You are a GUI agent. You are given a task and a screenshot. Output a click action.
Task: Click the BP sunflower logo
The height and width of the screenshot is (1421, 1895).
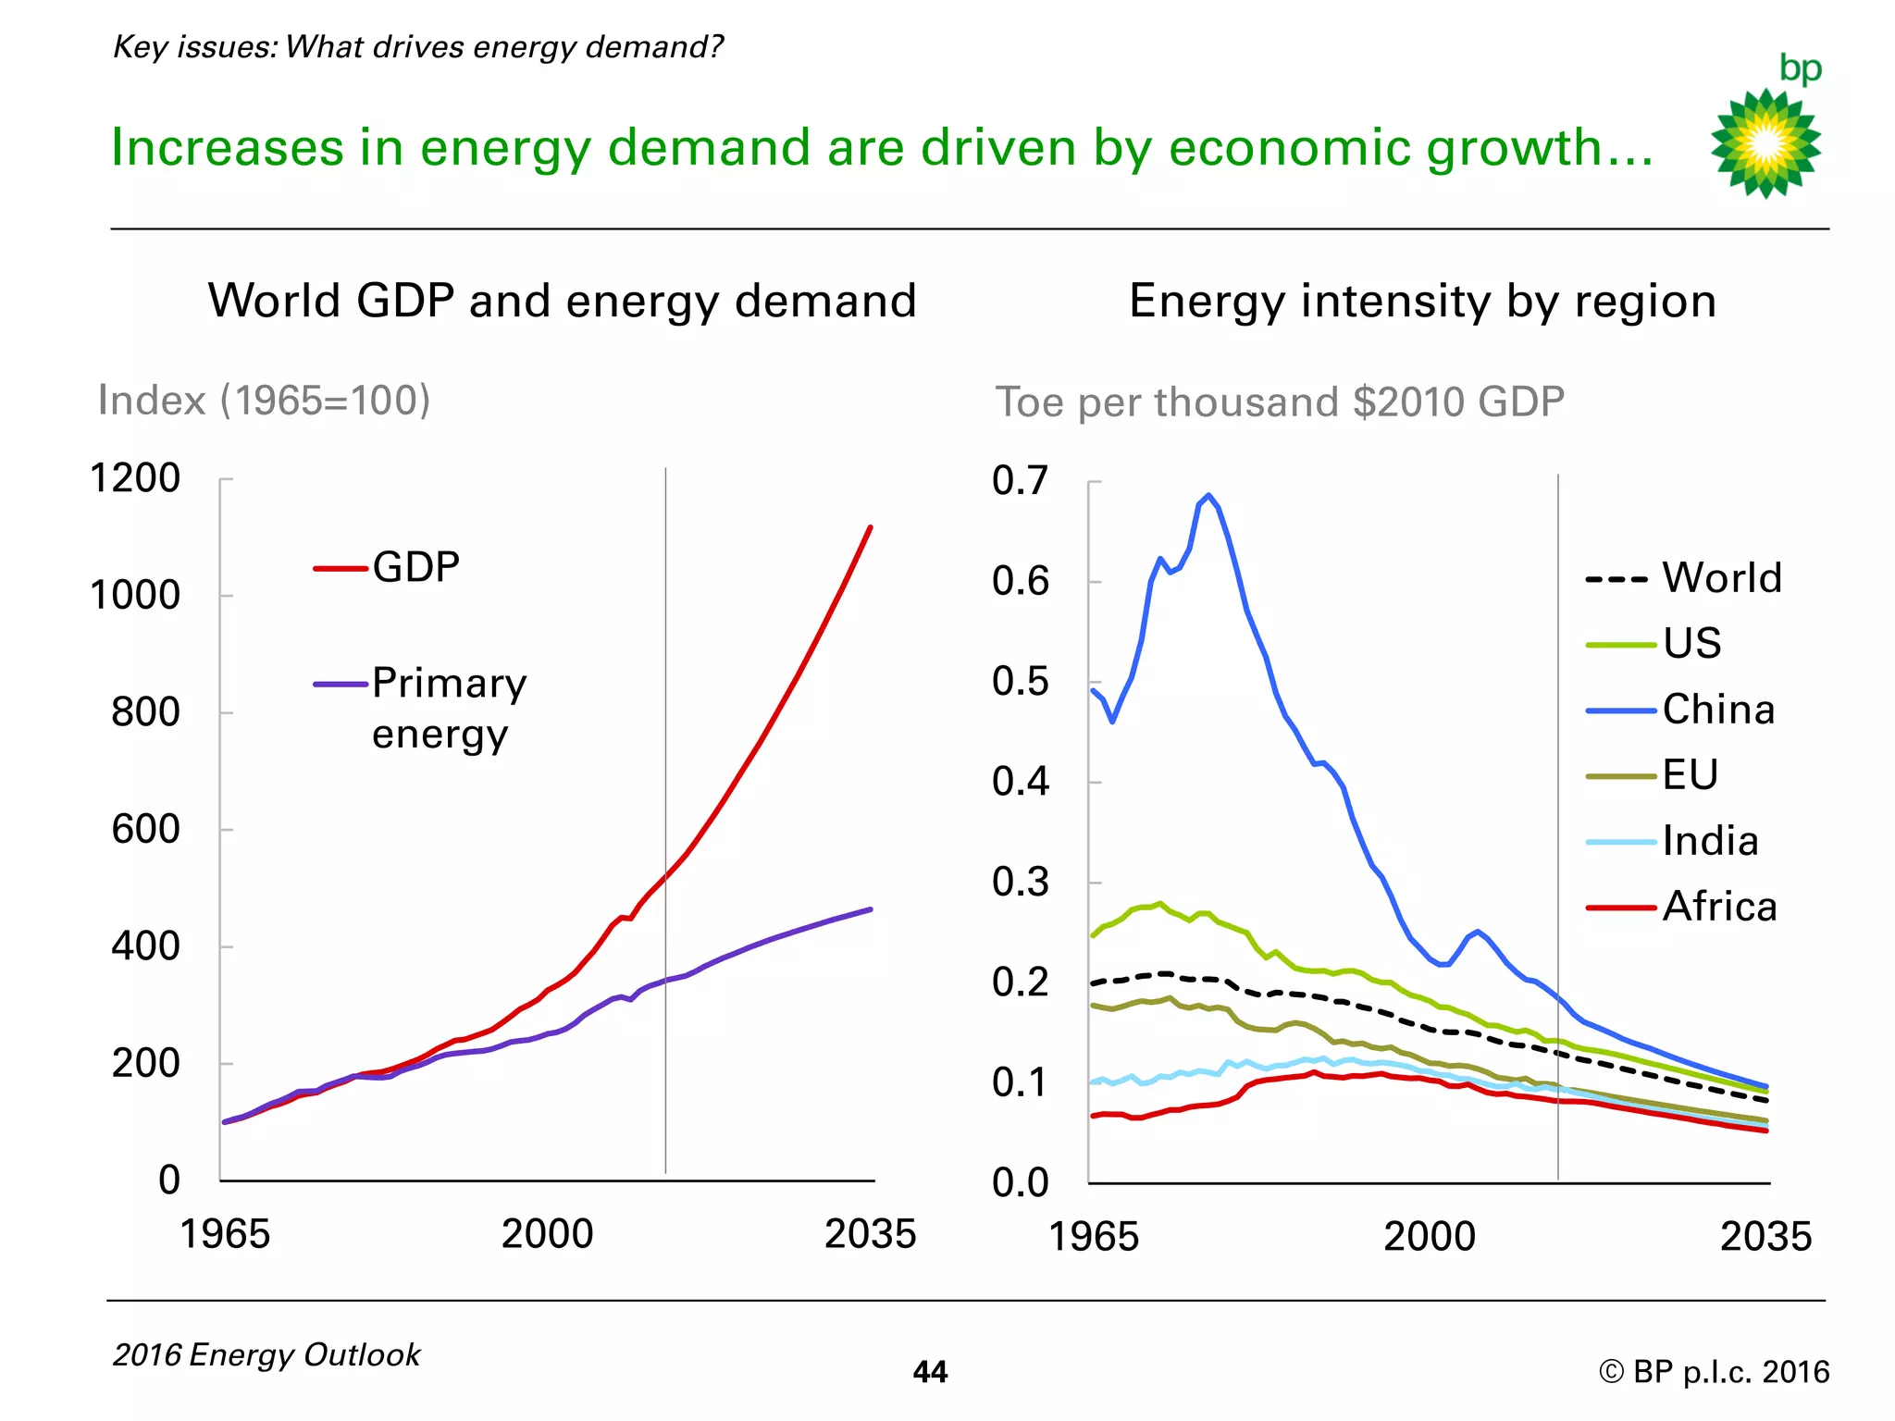(1765, 142)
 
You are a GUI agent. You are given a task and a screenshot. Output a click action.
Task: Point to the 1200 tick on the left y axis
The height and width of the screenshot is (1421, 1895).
(135, 479)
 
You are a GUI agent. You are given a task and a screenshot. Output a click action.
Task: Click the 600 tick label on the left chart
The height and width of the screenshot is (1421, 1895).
(145, 830)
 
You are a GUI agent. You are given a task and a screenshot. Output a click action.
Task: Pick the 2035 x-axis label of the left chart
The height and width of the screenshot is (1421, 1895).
(870, 1234)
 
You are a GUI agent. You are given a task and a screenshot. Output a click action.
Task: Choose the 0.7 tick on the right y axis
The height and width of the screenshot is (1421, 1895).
(1021, 481)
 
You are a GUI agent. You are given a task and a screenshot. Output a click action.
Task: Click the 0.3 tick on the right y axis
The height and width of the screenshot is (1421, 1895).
(1021, 883)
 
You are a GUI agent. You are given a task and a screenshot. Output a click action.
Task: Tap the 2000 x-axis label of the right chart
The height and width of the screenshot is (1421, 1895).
(1429, 1237)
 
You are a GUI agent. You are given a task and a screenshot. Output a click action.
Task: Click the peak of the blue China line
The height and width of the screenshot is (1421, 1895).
(1208, 495)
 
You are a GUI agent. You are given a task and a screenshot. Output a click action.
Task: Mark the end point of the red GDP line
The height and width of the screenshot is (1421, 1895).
(871, 527)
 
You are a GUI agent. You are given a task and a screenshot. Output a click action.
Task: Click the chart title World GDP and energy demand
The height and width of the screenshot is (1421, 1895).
(563, 302)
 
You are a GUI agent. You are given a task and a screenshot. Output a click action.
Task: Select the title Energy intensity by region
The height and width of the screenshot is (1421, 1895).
(1422, 302)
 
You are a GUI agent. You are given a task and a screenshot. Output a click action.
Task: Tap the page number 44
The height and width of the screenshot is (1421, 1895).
(930, 1372)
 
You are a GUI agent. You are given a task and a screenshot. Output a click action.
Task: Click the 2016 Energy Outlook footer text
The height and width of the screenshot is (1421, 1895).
(266, 1355)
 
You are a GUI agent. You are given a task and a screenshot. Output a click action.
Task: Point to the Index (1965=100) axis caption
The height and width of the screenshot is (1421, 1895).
(265, 401)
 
